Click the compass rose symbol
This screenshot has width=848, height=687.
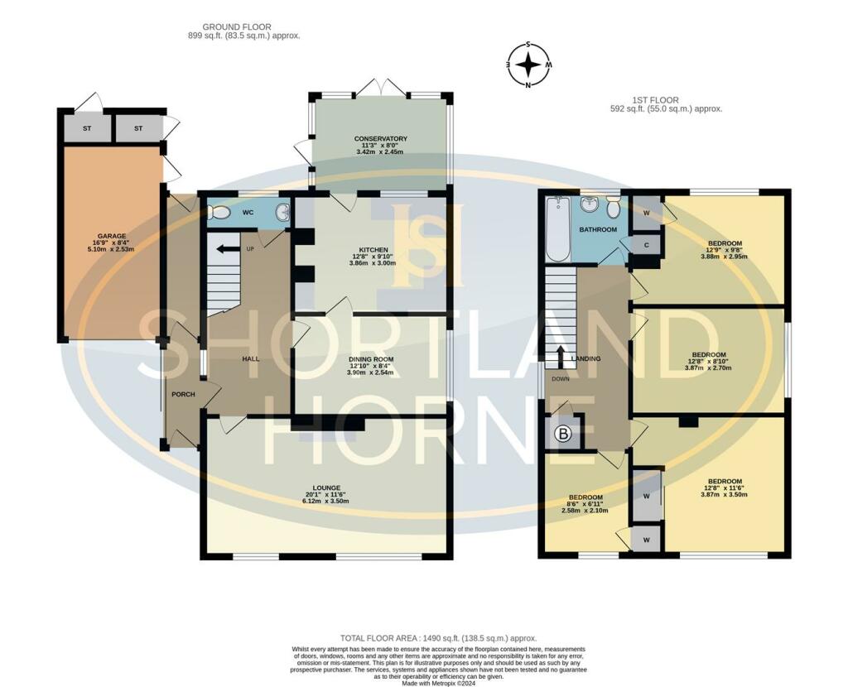point(528,64)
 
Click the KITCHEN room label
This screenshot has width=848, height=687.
point(373,250)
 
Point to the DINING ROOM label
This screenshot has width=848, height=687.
point(370,359)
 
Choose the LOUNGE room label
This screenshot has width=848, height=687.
point(325,488)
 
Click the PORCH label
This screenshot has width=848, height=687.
point(183,394)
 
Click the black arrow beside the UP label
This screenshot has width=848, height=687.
point(222,247)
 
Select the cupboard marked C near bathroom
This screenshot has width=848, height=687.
point(647,245)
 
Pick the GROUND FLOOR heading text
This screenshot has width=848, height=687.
point(237,27)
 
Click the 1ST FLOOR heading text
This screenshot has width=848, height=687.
point(667,99)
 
